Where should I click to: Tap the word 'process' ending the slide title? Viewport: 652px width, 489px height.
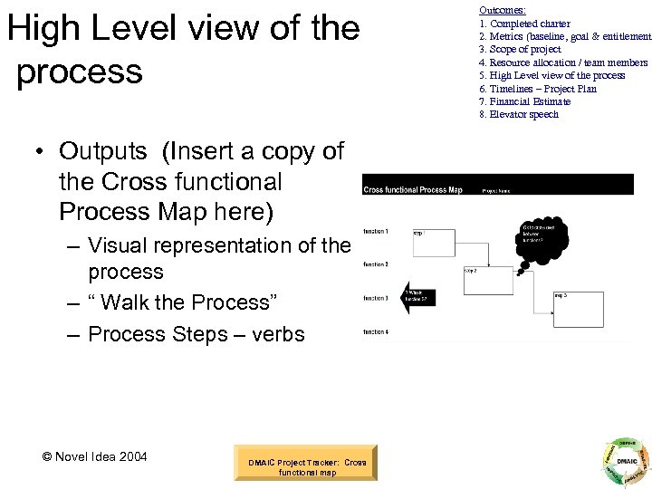pyautogui.click(x=81, y=72)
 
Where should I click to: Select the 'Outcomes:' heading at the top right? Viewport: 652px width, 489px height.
pyautogui.click(x=503, y=9)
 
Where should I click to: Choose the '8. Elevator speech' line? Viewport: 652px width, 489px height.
pyautogui.click(x=519, y=114)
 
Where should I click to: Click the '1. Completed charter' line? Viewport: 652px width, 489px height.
pyautogui.click(x=524, y=24)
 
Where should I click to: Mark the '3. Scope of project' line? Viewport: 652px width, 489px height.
pyautogui.click(x=520, y=49)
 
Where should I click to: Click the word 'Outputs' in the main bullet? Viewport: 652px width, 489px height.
pyautogui.click(x=101, y=151)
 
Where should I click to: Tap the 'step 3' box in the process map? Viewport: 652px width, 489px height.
pyautogui.click(x=577, y=309)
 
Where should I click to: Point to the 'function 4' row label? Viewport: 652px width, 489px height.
pyautogui.click(x=376, y=332)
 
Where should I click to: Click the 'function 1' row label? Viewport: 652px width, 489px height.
pyautogui.click(x=376, y=232)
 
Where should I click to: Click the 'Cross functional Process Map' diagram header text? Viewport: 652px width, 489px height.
pyautogui.click(x=412, y=190)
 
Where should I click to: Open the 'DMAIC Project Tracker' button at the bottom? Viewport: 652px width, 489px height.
pyautogui.click(x=307, y=467)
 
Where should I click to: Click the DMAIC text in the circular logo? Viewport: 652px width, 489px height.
pyautogui.click(x=623, y=462)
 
